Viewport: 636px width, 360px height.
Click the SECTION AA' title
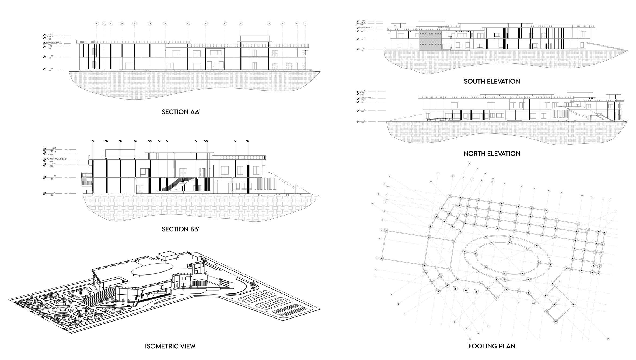(x=181, y=112)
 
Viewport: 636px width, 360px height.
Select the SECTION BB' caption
(x=180, y=229)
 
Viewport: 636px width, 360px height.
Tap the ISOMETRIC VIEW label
(x=170, y=346)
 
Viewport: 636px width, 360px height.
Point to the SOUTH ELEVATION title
(x=492, y=81)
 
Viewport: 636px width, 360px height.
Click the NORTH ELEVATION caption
(x=492, y=154)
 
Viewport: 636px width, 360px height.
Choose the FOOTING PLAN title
(x=492, y=346)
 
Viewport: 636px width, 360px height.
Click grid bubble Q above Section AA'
(x=122, y=23)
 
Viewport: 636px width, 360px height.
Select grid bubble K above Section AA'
(x=283, y=23)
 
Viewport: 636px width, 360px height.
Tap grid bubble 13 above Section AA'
(x=305, y=23)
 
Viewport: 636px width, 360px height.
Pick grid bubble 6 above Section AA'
(x=188, y=23)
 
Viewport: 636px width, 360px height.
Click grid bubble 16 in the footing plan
(x=469, y=164)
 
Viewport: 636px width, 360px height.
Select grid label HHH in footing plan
(x=431, y=182)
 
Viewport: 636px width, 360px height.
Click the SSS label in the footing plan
(x=533, y=303)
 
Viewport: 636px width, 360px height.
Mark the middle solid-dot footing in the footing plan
(x=466, y=290)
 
